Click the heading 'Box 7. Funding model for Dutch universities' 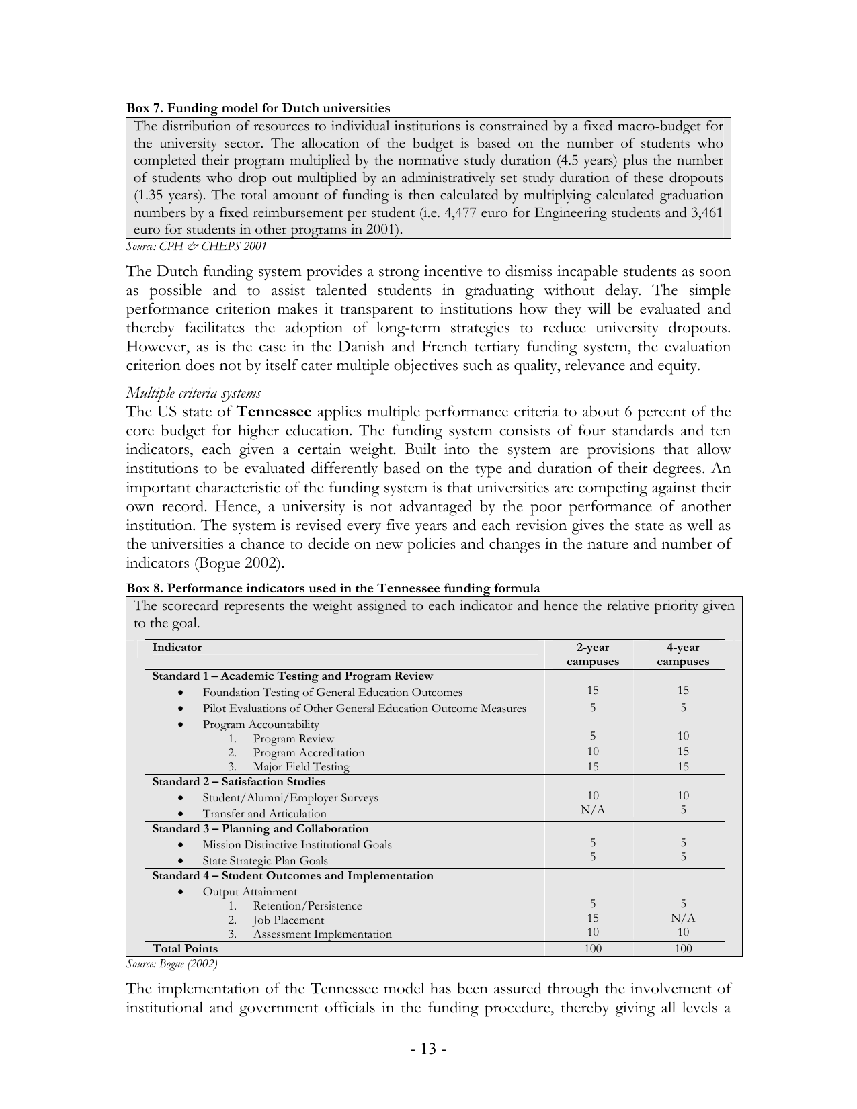(258, 107)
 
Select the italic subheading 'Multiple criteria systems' (194, 393)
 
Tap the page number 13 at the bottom (429, 1049)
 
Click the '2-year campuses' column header (592, 654)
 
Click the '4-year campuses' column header (682, 654)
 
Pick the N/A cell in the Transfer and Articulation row (592, 810)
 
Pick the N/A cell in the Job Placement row (682, 918)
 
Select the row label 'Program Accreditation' (309, 753)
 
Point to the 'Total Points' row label (186, 949)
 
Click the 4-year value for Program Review (682, 736)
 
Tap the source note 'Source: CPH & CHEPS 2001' (196, 247)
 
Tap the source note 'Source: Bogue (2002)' (172, 964)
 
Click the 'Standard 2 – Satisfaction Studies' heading (239, 782)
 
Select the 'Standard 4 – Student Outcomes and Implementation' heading (292, 876)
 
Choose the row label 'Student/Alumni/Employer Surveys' (290, 798)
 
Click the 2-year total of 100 (592, 949)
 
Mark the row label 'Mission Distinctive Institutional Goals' (297, 845)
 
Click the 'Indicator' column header (177, 648)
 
